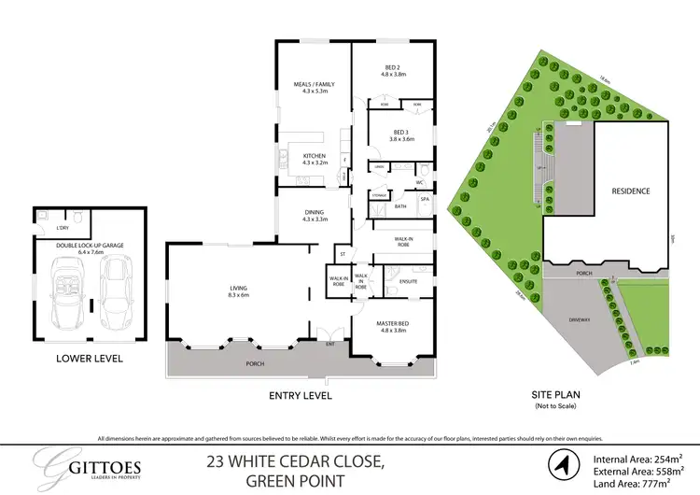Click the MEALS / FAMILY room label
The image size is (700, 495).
click(x=314, y=84)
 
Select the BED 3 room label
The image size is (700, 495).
click(x=402, y=132)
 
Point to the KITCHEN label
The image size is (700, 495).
click(x=313, y=156)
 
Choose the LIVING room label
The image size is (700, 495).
click(x=239, y=289)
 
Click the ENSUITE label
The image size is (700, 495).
click(x=408, y=281)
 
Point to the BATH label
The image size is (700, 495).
click(x=400, y=206)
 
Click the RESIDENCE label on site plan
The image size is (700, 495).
click(x=631, y=191)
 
